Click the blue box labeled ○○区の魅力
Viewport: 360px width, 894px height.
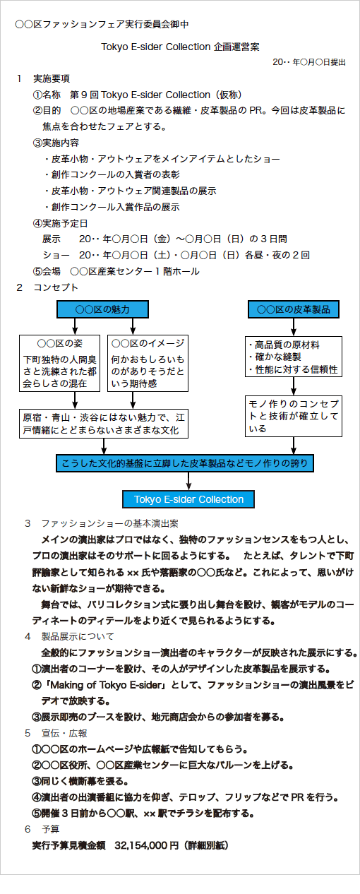(102, 309)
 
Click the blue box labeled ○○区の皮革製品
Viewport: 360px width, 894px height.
(294, 309)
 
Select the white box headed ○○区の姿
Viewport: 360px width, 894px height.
(60, 363)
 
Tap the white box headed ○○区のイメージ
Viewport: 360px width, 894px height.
(148, 363)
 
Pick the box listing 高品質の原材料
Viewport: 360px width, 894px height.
(294, 357)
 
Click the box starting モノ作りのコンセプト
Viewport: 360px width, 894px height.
(294, 416)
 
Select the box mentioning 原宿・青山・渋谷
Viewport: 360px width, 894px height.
(104, 424)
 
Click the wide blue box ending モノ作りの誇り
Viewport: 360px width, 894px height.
(185, 463)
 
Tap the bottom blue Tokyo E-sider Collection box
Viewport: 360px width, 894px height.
(188, 499)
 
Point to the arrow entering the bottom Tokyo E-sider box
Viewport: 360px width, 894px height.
(188, 482)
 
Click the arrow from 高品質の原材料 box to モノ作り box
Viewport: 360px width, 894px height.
(294, 386)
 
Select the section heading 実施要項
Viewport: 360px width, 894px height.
(51, 78)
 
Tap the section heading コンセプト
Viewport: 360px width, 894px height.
(56, 287)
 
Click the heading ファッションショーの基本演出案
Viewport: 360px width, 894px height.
(109, 523)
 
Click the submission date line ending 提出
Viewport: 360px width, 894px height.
(309, 62)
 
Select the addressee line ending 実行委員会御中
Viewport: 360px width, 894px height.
(102, 24)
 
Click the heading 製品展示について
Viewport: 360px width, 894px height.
(78, 636)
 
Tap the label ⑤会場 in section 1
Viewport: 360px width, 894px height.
(47, 271)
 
